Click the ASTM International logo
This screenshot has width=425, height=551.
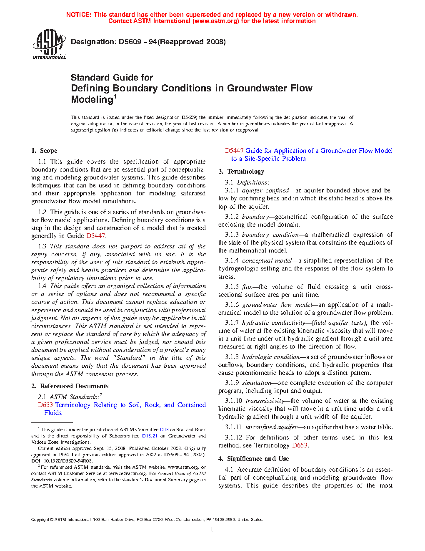[49, 44]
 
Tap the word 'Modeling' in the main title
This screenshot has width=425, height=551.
[92, 99]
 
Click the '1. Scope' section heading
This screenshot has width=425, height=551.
[44, 151]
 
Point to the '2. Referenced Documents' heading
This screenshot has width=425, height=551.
[70, 386]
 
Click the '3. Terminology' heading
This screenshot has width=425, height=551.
[241, 172]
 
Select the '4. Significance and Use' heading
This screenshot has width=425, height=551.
[253, 459]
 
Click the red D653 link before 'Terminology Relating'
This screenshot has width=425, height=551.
[45, 405]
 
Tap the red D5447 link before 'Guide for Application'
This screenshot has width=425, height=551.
[234, 151]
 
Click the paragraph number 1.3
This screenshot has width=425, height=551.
[42, 246]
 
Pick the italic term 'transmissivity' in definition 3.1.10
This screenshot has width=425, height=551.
[265, 401]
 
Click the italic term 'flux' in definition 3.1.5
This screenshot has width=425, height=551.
[247, 287]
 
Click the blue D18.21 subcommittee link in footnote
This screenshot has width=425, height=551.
[150, 436]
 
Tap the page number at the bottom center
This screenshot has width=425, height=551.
[212, 530]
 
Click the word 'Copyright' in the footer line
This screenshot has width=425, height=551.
[40, 520]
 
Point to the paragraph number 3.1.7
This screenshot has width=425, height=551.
[232, 323]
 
